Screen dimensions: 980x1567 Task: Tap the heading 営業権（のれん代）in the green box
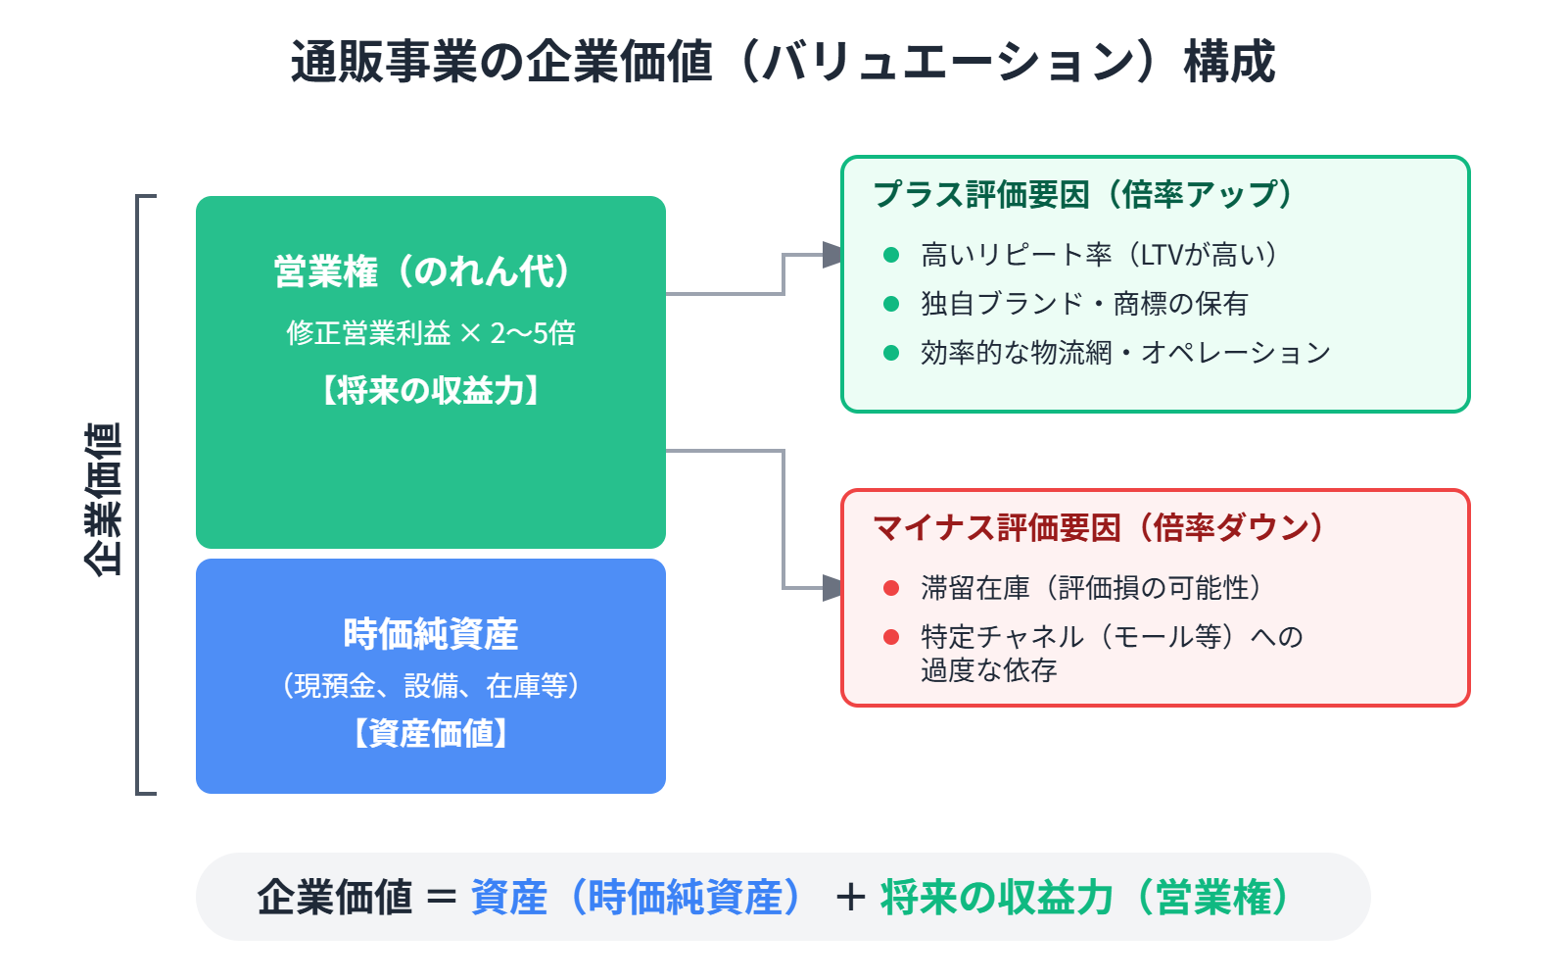(423, 271)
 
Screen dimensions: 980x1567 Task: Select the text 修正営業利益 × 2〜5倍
(431, 333)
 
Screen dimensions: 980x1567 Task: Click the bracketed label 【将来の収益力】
(431, 391)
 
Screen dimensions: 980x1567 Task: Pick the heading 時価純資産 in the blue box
(431, 634)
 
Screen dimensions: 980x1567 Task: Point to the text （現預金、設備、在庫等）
(431, 685)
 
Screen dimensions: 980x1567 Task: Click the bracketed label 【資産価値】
(431, 733)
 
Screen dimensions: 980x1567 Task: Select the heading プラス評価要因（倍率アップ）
(1082, 194)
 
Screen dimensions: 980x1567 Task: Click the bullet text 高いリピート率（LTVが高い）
(1099, 255)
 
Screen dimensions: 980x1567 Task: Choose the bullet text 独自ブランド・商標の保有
(1083, 304)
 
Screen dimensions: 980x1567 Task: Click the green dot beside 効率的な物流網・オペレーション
(891, 353)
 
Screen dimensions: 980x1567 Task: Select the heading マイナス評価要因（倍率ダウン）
(1098, 527)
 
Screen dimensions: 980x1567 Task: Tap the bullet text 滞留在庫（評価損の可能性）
(1091, 588)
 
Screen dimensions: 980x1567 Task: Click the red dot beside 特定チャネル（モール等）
(891, 637)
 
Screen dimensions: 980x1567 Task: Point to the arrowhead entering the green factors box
(832, 255)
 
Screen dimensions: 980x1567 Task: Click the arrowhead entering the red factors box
(832, 588)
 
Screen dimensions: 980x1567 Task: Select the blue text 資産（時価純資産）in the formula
(637, 898)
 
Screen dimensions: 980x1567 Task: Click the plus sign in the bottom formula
(850, 898)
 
